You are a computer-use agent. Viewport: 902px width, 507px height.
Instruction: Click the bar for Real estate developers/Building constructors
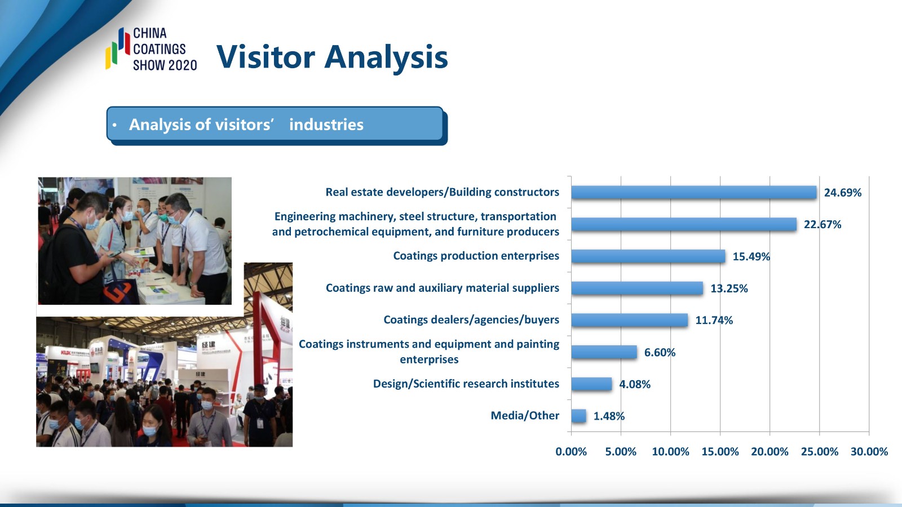click(694, 192)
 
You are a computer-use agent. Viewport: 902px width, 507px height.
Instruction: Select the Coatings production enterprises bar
click(648, 256)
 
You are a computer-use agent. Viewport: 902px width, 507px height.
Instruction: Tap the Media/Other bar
click(578, 416)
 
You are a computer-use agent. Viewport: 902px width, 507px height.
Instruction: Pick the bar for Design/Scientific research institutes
click(591, 384)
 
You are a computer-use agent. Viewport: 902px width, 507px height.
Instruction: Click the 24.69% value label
click(843, 193)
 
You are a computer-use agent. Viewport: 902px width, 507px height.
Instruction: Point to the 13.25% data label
click(729, 288)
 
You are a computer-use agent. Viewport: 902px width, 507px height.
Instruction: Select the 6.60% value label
click(660, 353)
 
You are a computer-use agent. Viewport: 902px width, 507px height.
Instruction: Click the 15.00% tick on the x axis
click(720, 451)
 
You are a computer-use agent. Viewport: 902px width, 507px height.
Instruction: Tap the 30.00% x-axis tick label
click(869, 451)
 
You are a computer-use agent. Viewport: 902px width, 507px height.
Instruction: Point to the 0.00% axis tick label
click(571, 451)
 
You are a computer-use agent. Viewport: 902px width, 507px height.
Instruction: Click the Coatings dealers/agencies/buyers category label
click(471, 320)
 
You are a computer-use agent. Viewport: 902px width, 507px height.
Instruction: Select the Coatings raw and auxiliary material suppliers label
click(442, 288)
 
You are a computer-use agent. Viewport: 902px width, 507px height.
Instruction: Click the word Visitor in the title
click(266, 57)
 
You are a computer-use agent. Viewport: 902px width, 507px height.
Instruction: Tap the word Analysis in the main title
click(386, 59)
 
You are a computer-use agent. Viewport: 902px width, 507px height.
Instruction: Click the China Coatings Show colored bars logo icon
click(118, 48)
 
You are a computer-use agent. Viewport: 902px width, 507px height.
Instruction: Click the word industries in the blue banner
click(326, 124)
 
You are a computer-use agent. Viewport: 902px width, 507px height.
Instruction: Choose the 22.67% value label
click(823, 225)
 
